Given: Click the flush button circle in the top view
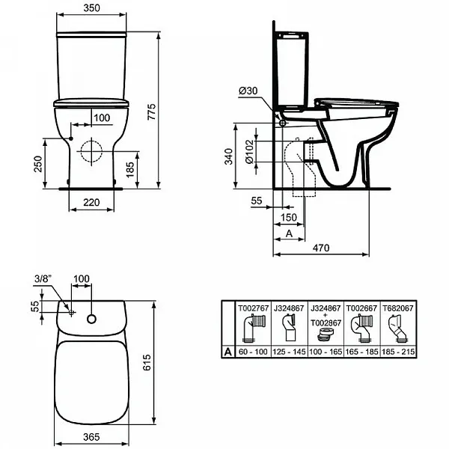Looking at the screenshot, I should coord(91,319).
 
